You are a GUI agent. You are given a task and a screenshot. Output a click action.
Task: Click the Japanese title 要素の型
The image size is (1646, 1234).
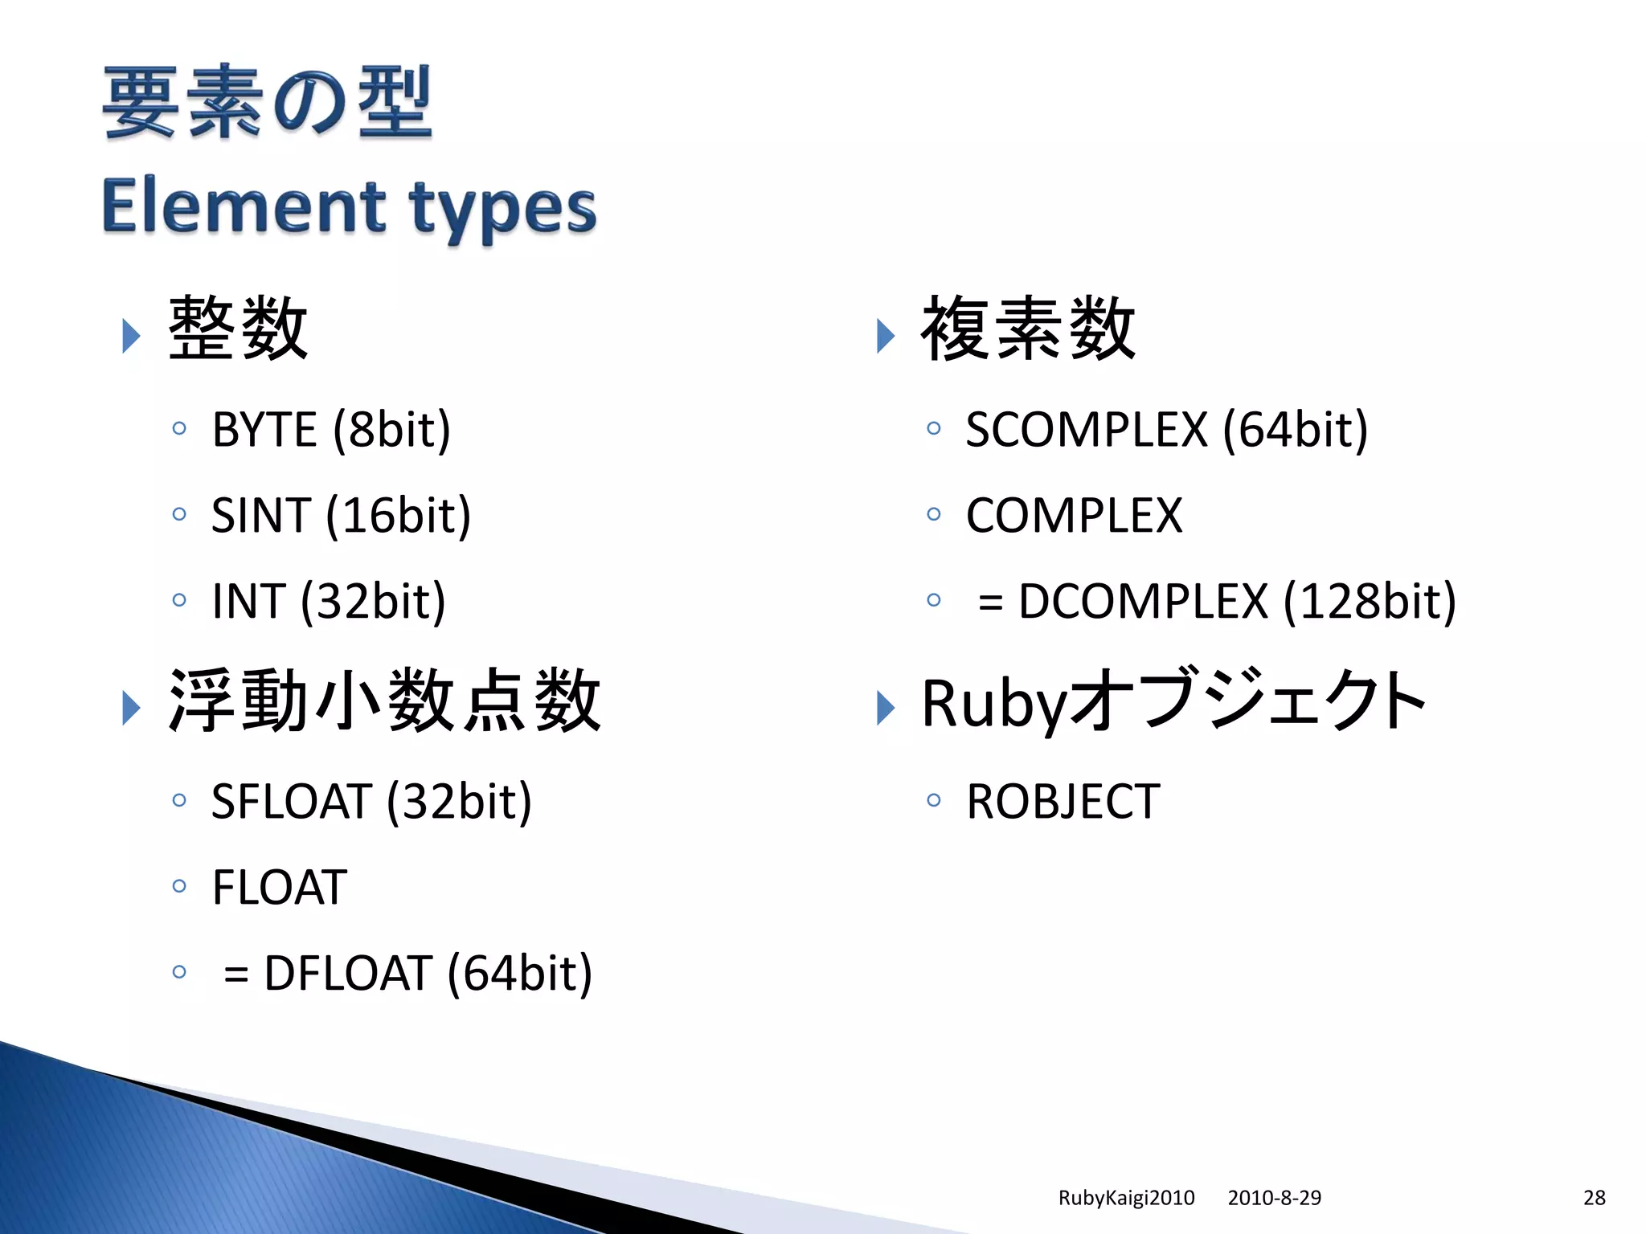[x=267, y=102]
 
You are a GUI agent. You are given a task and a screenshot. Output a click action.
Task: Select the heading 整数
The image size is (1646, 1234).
[x=238, y=329]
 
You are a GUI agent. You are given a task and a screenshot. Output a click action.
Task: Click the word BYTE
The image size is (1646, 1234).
[x=264, y=429]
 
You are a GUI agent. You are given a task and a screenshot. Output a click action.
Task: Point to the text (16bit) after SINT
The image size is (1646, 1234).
[x=399, y=515]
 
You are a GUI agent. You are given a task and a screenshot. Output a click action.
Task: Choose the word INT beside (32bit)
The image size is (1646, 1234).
[x=248, y=601]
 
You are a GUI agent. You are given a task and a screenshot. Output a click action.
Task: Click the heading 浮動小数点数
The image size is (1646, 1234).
[x=384, y=701]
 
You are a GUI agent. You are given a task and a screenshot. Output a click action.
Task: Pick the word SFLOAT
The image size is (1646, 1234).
[x=290, y=801]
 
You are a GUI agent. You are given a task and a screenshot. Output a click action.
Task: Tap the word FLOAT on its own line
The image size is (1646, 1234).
[x=279, y=887]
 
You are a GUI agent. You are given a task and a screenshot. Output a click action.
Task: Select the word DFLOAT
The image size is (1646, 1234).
[x=348, y=973]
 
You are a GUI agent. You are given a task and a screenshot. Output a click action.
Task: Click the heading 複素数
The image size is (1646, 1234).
[x=1027, y=329]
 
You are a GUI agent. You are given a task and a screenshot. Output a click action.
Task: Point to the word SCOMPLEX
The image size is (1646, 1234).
[x=1086, y=429]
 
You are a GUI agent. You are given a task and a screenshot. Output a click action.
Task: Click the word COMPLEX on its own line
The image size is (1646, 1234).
[x=1074, y=515]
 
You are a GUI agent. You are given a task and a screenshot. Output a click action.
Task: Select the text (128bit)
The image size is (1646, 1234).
[x=1370, y=601]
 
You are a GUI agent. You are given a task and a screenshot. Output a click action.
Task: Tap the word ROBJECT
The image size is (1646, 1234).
[x=1063, y=801]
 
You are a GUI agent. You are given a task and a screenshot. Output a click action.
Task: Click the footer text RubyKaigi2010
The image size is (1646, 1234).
[x=1126, y=1198]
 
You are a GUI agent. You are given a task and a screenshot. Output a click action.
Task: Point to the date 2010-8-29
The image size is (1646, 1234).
[x=1274, y=1198]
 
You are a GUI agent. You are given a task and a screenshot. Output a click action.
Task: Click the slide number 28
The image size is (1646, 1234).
[x=1594, y=1198]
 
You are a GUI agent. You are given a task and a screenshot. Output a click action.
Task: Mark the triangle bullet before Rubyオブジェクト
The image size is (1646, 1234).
[x=885, y=708]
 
